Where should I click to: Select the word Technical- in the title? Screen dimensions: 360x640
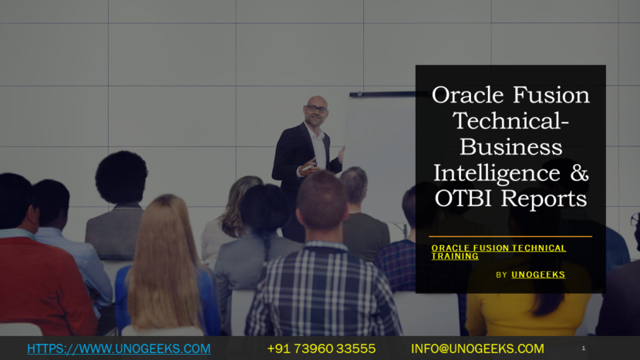coord(510,121)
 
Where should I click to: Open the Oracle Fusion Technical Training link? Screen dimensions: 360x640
coord(498,252)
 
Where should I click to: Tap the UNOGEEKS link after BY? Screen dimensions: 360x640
coord(537,274)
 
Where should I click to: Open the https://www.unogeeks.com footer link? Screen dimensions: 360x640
coord(119,349)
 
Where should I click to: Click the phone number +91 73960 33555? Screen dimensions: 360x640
coord(322,349)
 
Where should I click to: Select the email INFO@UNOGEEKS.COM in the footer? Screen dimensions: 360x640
coord(477,349)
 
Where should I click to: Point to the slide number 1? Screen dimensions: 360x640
coord(584,349)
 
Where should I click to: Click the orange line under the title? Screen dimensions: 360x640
coord(510,237)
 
